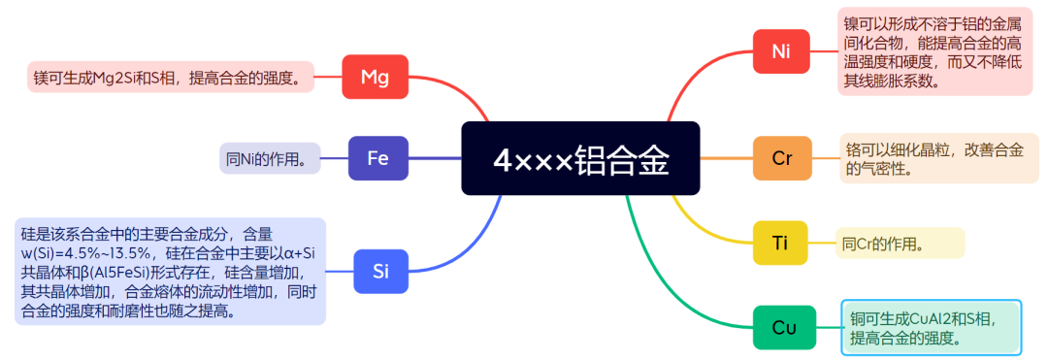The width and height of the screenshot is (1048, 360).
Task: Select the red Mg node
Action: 375,77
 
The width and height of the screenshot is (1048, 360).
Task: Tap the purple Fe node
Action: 377,158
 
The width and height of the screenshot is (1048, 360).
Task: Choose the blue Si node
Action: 380,272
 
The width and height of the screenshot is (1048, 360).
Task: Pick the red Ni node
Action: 781,51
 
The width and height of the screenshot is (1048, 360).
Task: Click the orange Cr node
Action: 782,158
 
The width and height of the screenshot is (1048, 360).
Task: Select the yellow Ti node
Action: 781,243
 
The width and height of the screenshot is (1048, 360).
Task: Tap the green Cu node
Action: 784,328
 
